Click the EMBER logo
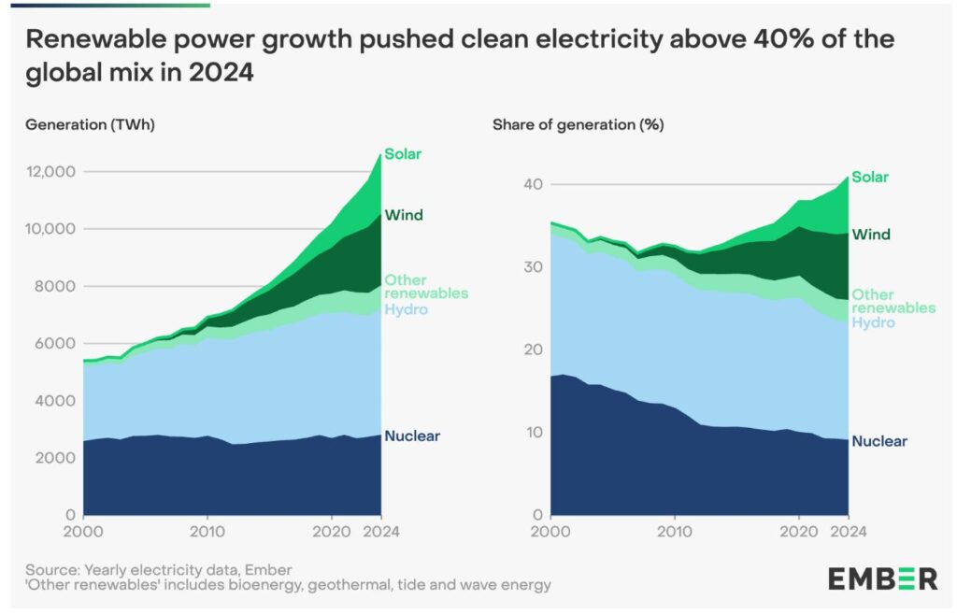click(882, 578)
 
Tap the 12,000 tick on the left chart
click(50, 172)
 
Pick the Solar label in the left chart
click(403, 154)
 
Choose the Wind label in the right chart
click(871, 235)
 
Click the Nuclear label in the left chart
click(411, 436)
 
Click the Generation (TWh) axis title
click(90, 124)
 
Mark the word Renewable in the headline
click(91, 40)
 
